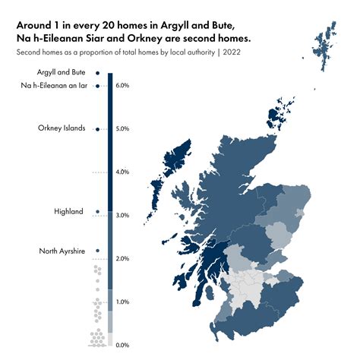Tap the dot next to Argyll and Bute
pyautogui.click(x=98, y=73)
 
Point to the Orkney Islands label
pyautogui.click(x=62, y=128)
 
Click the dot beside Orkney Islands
pyautogui.click(x=98, y=128)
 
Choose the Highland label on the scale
pyautogui.click(x=68, y=211)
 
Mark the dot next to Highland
pyautogui.click(x=98, y=211)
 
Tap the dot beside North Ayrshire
pyautogui.click(x=98, y=251)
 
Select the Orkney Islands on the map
pyautogui.click(x=274, y=118)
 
